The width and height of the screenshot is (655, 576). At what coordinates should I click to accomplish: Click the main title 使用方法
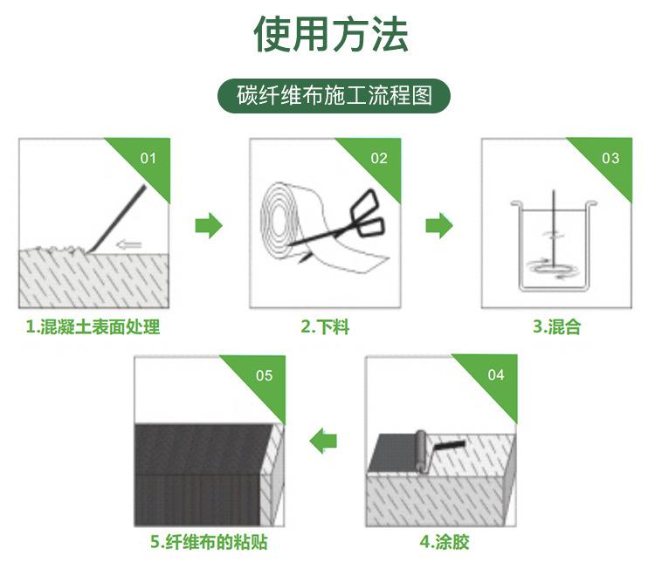[331, 35]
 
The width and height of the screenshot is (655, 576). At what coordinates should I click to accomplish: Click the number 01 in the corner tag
[148, 158]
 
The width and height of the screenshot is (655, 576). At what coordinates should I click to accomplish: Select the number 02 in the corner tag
[379, 158]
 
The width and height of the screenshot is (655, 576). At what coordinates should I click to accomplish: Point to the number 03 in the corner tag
[610, 158]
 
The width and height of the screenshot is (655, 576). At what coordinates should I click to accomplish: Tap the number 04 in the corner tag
[495, 374]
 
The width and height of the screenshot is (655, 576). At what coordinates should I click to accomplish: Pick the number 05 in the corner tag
[264, 375]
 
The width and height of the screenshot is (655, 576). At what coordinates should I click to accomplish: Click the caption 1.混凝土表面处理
[93, 328]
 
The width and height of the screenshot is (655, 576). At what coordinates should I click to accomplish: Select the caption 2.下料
[325, 328]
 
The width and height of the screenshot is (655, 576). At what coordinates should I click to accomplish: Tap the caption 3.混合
[556, 328]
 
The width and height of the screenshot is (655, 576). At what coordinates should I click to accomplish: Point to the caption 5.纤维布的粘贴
[210, 543]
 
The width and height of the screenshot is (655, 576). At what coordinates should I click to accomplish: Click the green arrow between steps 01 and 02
[208, 225]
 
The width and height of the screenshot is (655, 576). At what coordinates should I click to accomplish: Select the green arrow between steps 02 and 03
[439, 225]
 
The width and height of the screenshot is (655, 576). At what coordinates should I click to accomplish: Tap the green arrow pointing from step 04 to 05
[324, 441]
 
